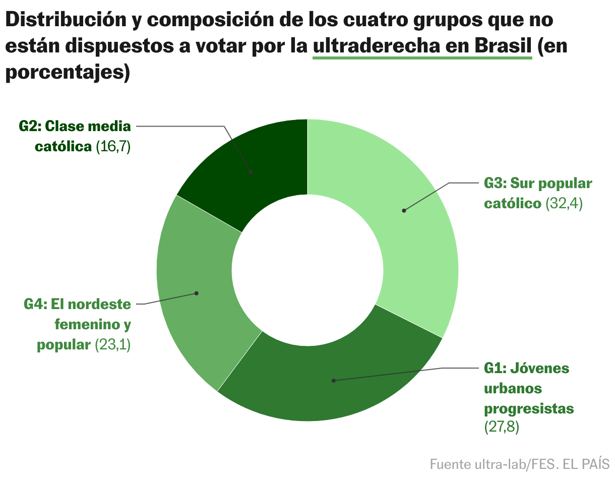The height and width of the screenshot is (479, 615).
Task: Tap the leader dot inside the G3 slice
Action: coord(404,210)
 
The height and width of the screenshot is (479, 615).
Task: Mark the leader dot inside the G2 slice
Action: coord(251,172)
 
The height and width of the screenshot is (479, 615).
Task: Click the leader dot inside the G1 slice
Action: coord(333,381)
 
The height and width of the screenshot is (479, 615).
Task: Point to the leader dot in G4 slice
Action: coord(197,293)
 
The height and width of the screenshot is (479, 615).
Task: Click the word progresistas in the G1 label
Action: coord(529,408)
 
